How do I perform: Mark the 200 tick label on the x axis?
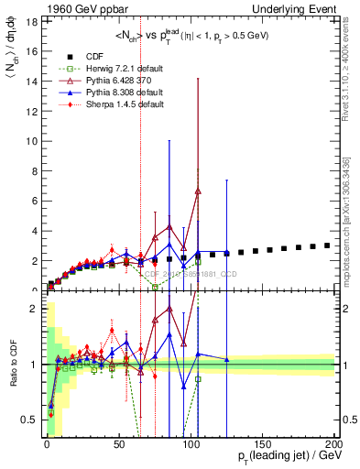[x=334, y=442]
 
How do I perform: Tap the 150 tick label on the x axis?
[x=263, y=442]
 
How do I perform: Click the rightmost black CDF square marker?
[x=327, y=245]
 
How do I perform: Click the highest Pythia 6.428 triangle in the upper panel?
[x=198, y=191]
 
